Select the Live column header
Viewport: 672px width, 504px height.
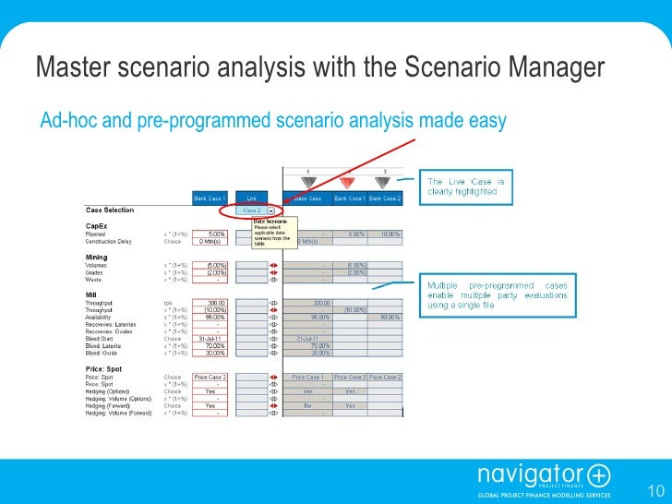point(251,198)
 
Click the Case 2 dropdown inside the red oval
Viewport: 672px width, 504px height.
point(252,210)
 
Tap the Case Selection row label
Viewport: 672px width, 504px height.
point(109,210)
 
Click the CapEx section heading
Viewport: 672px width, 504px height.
point(95,225)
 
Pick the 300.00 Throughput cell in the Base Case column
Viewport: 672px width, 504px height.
point(319,301)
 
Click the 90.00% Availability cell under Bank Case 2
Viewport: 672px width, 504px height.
point(385,317)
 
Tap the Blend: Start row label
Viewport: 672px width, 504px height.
point(106,338)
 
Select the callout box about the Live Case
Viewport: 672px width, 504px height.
point(465,186)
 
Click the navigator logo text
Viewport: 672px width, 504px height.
point(530,476)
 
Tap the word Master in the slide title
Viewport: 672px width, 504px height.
point(67,67)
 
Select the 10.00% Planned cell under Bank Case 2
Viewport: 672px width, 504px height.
point(385,234)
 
